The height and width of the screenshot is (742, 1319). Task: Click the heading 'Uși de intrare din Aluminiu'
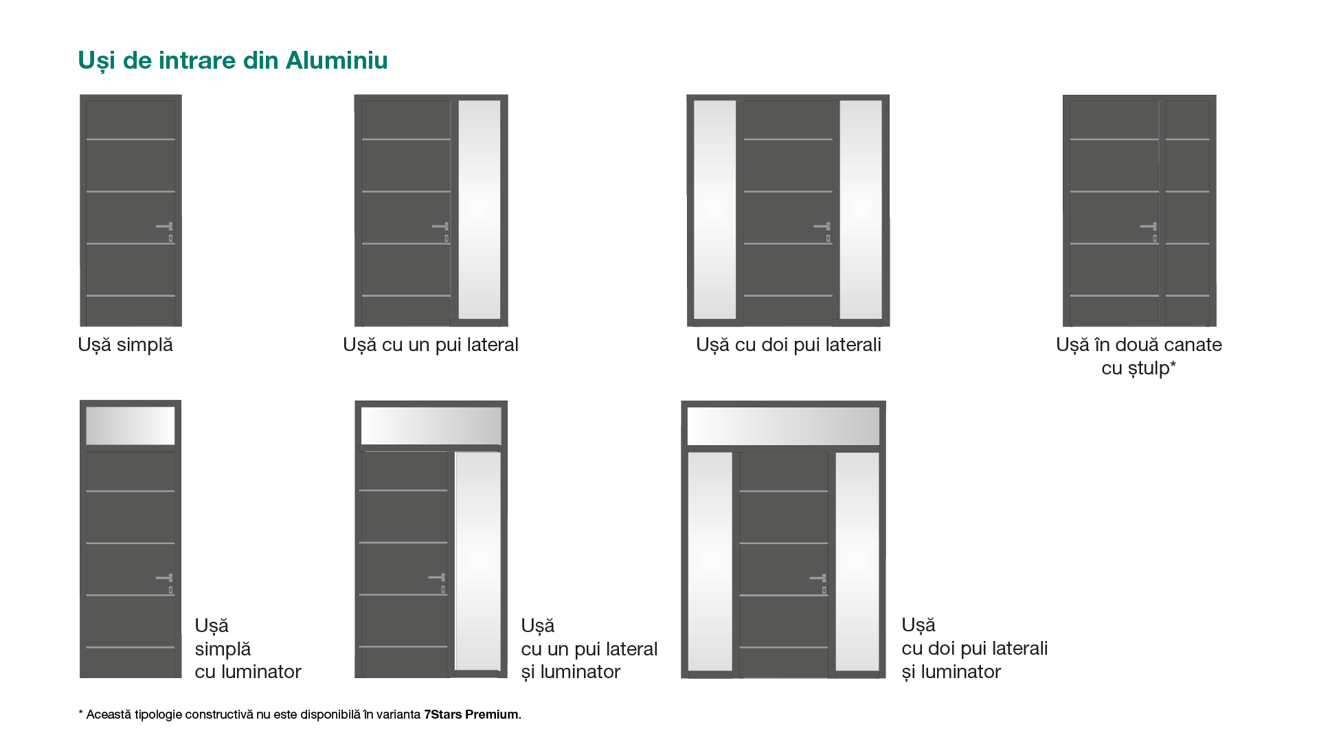point(233,60)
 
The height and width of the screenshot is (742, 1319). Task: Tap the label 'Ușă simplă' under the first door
point(125,345)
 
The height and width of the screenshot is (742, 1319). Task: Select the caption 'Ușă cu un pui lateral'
point(431,345)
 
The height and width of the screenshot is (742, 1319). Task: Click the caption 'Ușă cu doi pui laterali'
point(789,345)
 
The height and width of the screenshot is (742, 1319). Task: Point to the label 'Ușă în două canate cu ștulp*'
point(1139,356)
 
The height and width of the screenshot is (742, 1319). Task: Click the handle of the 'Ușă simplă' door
point(165,226)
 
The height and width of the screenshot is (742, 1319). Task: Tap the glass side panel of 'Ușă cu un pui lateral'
point(480,210)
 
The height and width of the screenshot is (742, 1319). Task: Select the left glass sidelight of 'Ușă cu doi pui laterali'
point(715,210)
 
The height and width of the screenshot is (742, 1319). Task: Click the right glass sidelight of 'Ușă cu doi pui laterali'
point(861,210)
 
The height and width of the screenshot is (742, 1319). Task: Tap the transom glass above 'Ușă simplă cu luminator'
point(131,426)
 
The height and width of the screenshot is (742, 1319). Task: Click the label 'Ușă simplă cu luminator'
point(248,649)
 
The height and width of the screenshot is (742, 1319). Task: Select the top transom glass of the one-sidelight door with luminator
point(431,426)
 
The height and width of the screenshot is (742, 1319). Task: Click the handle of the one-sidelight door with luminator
point(437,578)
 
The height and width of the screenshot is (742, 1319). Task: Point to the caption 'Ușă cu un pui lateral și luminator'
point(589,649)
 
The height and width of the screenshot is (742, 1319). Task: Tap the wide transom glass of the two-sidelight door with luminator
point(784,426)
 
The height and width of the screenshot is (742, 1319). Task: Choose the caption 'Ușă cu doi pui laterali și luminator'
point(975,648)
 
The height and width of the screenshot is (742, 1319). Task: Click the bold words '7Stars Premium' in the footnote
point(471,715)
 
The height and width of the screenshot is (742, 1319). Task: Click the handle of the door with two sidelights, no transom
point(822,226)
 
